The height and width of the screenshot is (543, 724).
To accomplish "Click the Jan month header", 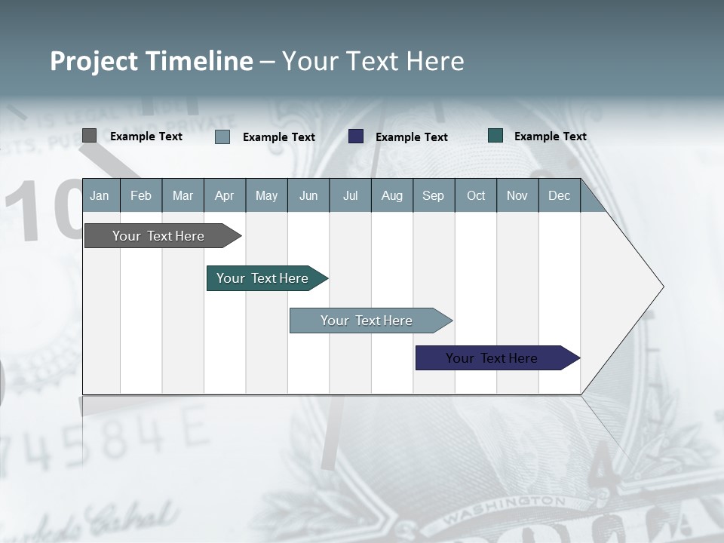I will click(100, 196).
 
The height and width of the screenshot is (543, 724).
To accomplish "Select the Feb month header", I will click(141, 196).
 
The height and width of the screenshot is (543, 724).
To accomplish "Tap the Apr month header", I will click(224, 196).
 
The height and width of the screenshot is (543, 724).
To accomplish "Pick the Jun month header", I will click(308, 196).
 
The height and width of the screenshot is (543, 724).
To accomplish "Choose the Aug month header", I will click(391, 196).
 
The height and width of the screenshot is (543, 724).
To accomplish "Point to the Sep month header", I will click(433, 196).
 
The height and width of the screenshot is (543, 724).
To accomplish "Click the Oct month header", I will click(476, 196).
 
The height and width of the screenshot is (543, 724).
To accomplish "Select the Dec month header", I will click(559, 196).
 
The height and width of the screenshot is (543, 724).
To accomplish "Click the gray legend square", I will click(89, 136).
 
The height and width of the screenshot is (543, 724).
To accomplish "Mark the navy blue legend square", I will click(356, 137).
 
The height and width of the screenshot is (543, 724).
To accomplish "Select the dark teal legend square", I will click(495, 136).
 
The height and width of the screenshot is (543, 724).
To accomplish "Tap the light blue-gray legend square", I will click(222, 137).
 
